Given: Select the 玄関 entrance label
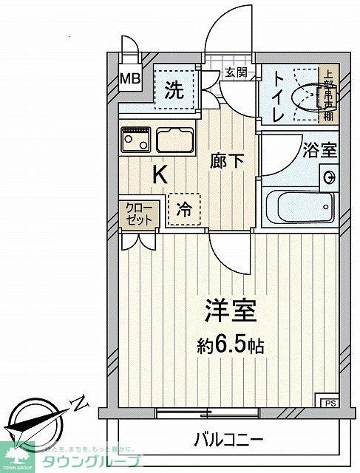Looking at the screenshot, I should pyautogui.click(x=237, y=73).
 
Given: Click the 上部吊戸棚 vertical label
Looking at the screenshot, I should pyautogui.click(x=328, y=95).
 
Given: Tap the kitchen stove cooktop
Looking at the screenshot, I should pyautogui.click(x=135, y=138).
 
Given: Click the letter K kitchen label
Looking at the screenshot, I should pyautogui.click(x=159, y=175).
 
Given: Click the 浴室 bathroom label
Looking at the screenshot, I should pyautogui.click(x=319, y=149).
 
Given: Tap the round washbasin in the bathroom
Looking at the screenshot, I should pyautogui.click(x=328, y=176).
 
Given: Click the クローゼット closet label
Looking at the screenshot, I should pyautogui.click(x=137, y=214).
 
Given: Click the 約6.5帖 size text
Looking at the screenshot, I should pyautogui.click(x=231, y=345).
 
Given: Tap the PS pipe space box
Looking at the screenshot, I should pyautogui.click(x=327, y=402).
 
